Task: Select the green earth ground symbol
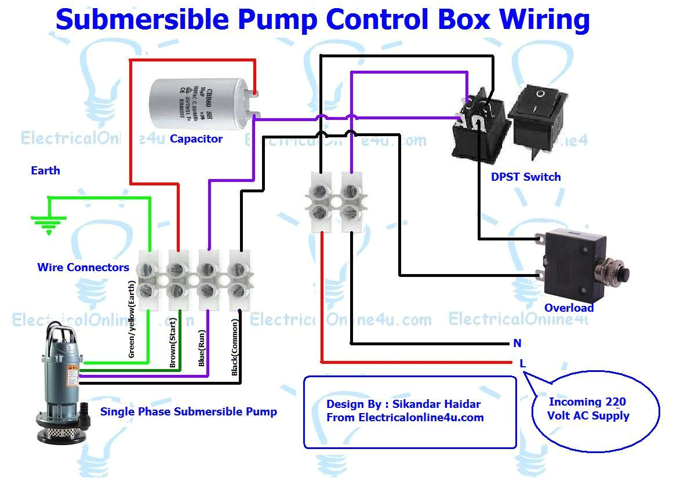pyautogui.click(x=49, y=224)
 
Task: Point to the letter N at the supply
pyautogui.click(x=517, y=344)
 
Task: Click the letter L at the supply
pyautogui.click(x=522, y=363)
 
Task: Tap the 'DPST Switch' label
pyautogui.click(x=526, y=177)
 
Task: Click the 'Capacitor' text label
pyautogui.click(x=196, y=139)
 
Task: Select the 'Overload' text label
pyautogui.click(x=569, y=308)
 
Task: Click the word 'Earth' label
pyautogui.click(x=45, y=171)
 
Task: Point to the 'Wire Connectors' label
pyautogui.click(x=83, y=268)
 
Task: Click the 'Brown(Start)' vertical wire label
pyautogui.click(x=173, y=342)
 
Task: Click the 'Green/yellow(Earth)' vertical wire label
pyautogui.click(x=132, y=319)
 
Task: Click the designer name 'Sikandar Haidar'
pyautogui.click(x=436, y=404)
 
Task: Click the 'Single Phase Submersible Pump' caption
pyautogui.click(x=188, y=413)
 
